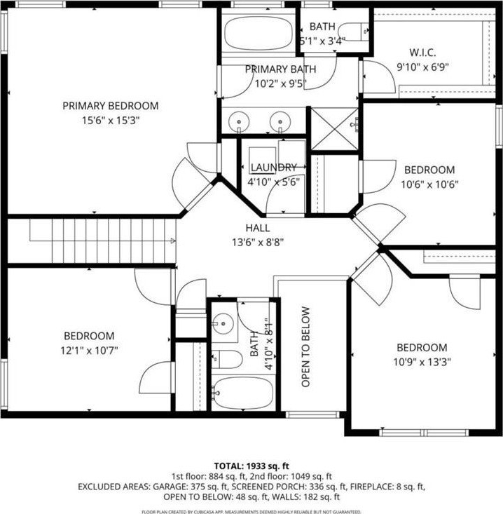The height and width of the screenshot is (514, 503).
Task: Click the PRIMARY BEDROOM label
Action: (x=111, y=106)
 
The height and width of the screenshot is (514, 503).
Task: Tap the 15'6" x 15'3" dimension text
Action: (x=111, y=121)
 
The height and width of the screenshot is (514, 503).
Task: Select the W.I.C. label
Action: (x=422, y=53)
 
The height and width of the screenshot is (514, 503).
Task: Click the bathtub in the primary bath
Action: (x=259, y=34)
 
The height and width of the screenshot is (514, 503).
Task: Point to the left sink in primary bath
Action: (x=239, y=121)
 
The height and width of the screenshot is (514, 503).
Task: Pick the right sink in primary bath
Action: (x=280, y=121)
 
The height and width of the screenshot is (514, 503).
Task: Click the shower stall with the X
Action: (x=334, y=129)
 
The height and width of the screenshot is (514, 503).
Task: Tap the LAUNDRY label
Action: (x=274, y=168)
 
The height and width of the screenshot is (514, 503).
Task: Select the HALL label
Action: (x=258, y=228)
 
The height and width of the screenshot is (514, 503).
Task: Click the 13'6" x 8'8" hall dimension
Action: (x=258, y=243)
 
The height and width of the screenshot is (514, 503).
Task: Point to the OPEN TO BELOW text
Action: (x=305, y=347)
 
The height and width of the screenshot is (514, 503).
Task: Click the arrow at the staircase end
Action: (x=173, y=241)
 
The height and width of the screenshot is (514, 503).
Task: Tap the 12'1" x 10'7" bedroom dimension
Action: (x=89, y=351)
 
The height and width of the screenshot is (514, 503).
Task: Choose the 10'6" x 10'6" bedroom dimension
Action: (x=429, y=184)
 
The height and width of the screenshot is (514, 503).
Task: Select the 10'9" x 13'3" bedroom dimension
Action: (x=422, y=363)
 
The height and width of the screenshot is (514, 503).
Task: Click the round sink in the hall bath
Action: (x=223, y=324)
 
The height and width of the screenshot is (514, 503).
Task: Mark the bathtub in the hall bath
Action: (x=244, y=393)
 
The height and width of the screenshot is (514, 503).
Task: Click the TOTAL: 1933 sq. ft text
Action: (x=251, y=466)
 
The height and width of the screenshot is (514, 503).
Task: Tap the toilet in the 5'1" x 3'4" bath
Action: (x=353, y=32)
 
